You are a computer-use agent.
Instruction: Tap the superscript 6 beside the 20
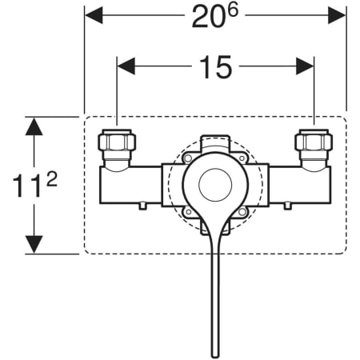click(233, 11)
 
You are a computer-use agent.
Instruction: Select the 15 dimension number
click(216, 67)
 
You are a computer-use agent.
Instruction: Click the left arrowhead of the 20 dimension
click(94, 15)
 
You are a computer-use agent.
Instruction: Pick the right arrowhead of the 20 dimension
click(337, 15)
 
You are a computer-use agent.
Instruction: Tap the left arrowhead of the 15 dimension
click(126, 66)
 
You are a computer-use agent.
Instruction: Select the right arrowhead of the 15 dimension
click(305, 66)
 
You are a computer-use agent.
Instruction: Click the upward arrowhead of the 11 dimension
click(34, 126)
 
